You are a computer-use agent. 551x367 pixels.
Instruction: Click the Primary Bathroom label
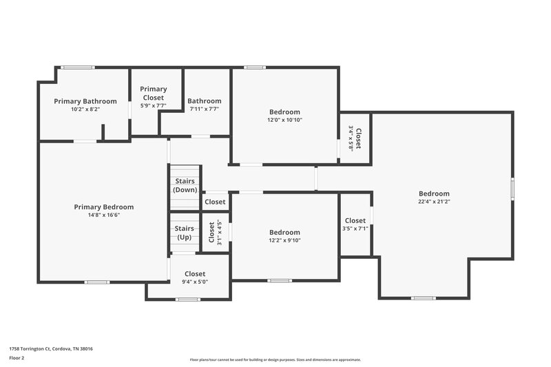coord(85,101)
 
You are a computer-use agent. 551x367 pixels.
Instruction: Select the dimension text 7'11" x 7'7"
coord(204,109)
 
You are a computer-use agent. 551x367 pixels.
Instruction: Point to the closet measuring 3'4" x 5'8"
coord(354,138)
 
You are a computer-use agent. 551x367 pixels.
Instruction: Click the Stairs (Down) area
coord(185,185)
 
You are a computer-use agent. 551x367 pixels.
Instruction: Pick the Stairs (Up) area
coord(184,233)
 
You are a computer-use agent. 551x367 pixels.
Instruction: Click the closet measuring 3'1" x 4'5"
coord(215,232)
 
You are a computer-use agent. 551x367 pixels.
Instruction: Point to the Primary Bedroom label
coord(104,207)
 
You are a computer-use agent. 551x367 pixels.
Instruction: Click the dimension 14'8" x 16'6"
coord(104,215)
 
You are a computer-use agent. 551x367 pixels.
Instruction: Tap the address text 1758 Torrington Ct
coord(51,348)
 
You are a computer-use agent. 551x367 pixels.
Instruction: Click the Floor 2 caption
coord(17,358)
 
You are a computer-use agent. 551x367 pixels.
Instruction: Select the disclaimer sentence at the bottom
coord(275,359)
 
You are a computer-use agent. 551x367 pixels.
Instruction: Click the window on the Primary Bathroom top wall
coord(77,67)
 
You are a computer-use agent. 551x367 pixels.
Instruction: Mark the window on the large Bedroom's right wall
coord(512,188)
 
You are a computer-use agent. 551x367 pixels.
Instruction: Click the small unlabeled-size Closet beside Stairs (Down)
coord(215,202)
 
